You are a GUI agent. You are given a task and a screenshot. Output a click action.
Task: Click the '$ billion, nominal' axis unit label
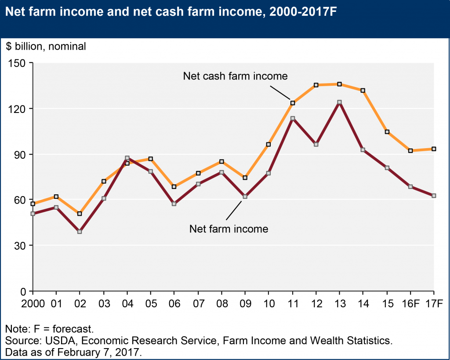46,46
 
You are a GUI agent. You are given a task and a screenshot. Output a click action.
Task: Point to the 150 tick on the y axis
20,63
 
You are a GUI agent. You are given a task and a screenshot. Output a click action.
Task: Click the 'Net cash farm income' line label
235,76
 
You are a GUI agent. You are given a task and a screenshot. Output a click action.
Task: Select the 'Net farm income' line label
229,229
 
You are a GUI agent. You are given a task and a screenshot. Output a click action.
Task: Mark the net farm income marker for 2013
339,102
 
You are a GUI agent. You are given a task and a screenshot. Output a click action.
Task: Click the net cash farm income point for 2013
339,84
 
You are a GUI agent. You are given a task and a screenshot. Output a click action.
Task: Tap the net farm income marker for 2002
80,232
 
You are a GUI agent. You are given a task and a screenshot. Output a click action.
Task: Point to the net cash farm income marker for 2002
80,214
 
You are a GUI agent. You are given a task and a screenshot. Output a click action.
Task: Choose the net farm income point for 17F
434,196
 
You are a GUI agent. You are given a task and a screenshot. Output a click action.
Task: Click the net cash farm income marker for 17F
434,149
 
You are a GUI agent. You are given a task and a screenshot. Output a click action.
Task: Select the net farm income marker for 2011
292,118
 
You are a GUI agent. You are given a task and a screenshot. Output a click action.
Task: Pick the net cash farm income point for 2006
174,187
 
